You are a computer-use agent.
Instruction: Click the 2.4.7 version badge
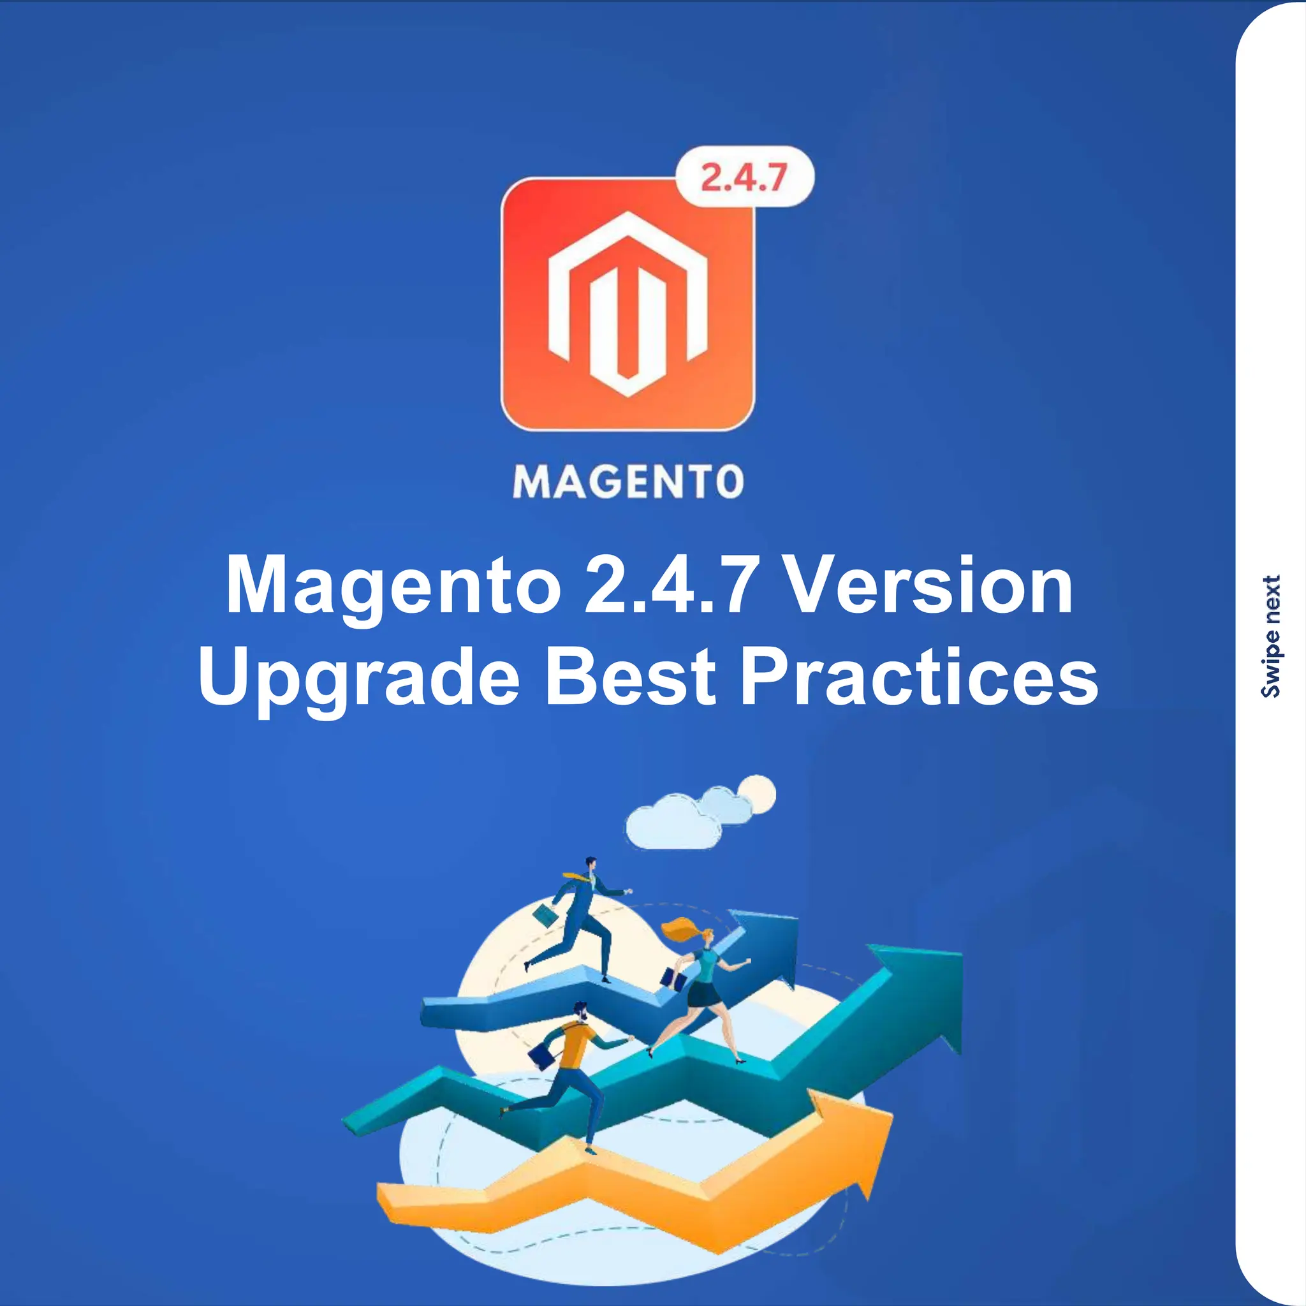coord(744,177)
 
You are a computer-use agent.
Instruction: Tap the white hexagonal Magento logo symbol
coord(627,304)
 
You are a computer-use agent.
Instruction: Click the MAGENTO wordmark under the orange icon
coord(628,482)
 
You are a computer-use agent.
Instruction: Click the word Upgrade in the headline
coord(359,677)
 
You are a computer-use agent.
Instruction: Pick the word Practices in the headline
coord(920,677)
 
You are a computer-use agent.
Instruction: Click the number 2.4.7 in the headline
coord(669,585)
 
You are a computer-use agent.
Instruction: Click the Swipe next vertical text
coord(1271,635)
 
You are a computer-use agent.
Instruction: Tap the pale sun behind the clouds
coord(757,792)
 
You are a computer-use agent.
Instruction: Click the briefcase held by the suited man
coord(545,916)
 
